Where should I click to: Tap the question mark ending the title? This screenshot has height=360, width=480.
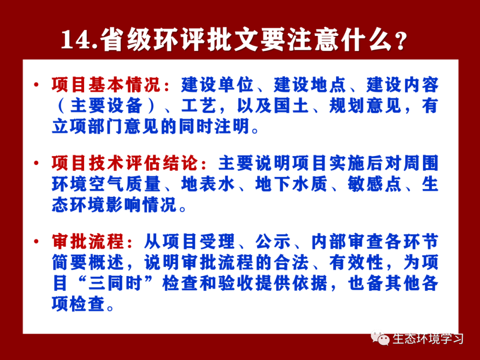(x=400, y=41)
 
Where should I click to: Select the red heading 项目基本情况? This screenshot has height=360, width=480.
(x=106, y=85)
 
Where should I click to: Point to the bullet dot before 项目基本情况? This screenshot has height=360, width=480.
(x=37, y=84)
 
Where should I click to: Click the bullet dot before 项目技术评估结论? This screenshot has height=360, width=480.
(x=37, y=163)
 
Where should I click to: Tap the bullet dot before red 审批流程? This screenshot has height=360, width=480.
(x=37, y=241)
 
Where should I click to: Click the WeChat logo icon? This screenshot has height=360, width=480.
(x=380, y=338)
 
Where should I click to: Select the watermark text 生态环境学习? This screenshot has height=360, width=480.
(x=428, y=338)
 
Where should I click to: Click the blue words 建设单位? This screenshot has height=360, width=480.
(x=217, y=85)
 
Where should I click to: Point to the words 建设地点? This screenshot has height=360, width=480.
(x=310, y=85)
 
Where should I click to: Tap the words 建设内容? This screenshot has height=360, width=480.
(x=403, y=85)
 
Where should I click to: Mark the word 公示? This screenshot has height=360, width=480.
(x=273, y=241)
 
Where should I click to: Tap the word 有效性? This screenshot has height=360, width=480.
(x=356, y=262)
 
